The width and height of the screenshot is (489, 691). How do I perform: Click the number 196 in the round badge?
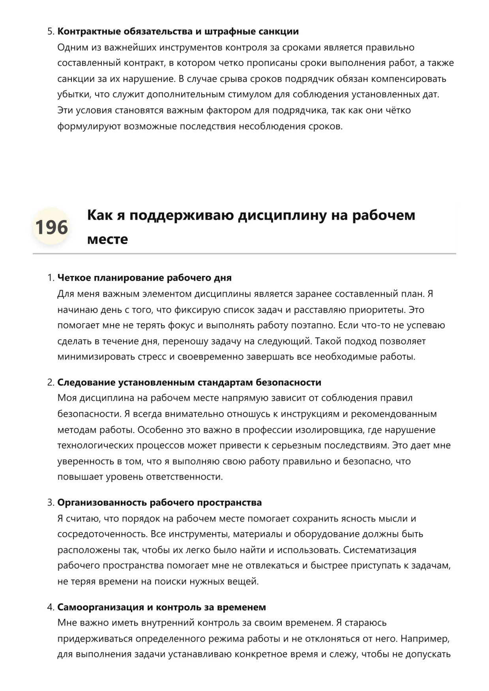[x=51, y=227]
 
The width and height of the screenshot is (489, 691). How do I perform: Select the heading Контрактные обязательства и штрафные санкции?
[x=178, y=32]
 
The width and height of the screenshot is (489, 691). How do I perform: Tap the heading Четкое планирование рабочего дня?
[x=144, y=278]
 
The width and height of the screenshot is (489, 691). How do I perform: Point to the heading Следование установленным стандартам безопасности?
[x=189, y=382]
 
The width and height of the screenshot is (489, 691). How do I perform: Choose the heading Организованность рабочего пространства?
[x=159, y=503]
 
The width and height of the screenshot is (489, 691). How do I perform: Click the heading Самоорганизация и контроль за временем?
[x=161, y=607]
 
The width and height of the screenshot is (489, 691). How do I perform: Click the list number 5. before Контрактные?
[x=51, y=32]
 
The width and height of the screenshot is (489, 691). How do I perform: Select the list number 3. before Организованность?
[x=51, y=503]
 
